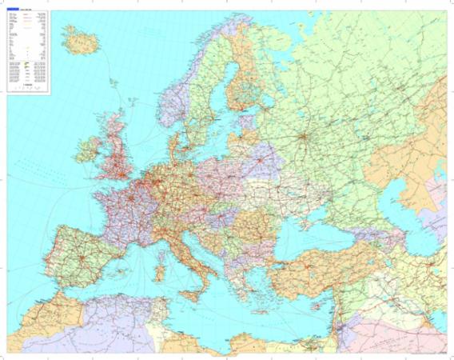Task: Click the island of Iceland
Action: tap(78, 36)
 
